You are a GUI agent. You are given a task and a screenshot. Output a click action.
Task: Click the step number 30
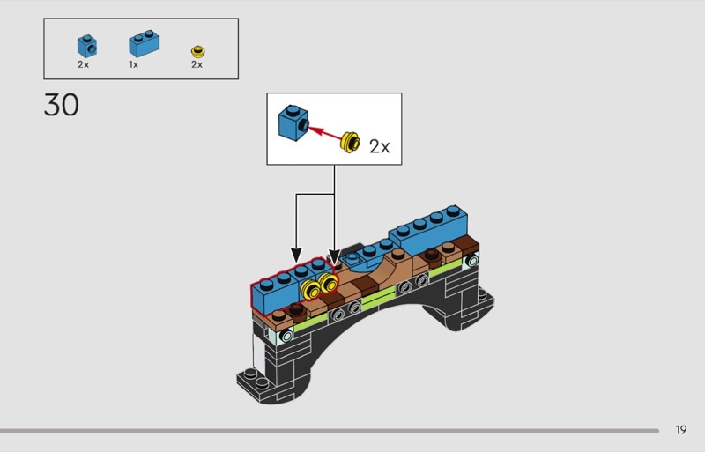point(61,106)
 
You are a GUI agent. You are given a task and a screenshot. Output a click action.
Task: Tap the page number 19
point(681,430)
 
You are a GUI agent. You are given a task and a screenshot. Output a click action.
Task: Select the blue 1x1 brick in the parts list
point(85,46)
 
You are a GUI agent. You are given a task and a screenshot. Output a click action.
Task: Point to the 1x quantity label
point(133,64)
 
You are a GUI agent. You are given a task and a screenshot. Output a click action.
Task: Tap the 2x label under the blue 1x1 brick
point(83,64)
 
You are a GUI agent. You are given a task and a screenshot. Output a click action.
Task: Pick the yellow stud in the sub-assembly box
point(351,140)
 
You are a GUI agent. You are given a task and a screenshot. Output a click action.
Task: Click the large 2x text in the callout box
point(379,146)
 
